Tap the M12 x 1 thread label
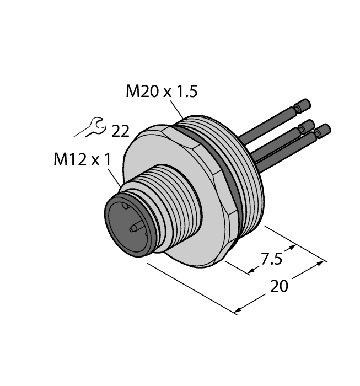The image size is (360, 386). click(x=82, y=160)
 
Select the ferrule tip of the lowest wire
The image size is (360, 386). click(x=322, y=130)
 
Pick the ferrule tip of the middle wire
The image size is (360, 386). click(x=307, y=126)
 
